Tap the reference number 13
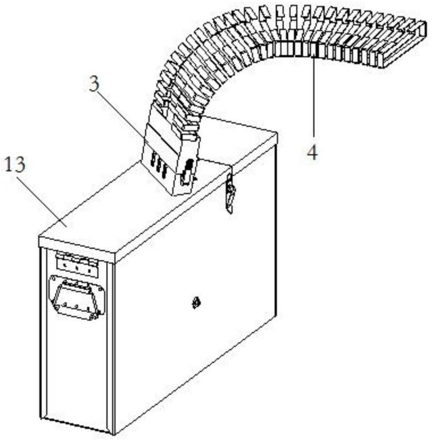[x=17, y=164]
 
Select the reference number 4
[x=312, y=152]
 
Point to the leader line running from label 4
[x=313, y=99]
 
